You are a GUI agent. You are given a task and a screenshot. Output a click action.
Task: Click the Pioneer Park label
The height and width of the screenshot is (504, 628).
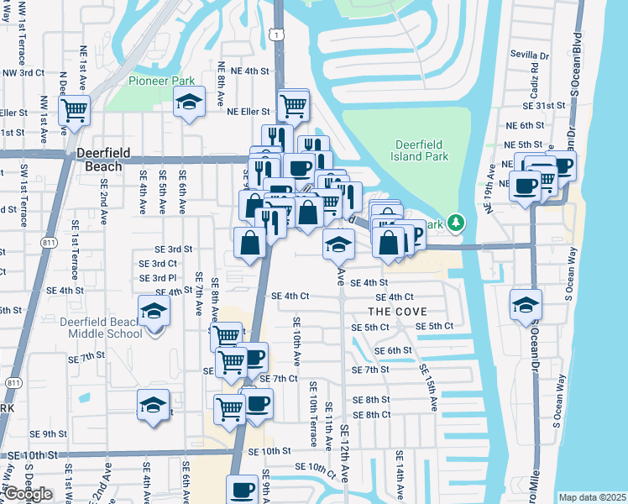click(161, 81)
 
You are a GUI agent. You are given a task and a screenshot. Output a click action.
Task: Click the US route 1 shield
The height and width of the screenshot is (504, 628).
click(274, 34)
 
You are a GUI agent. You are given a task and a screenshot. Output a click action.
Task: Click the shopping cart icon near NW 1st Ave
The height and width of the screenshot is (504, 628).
click(74, 108)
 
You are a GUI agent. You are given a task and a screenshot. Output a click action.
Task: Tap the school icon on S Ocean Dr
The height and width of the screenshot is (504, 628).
click(526, 303)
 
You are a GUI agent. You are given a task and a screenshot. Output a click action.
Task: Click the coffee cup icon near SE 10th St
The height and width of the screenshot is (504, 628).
click(243, 488)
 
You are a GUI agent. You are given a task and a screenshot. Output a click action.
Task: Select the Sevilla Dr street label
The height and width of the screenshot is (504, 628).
click(529, 55)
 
